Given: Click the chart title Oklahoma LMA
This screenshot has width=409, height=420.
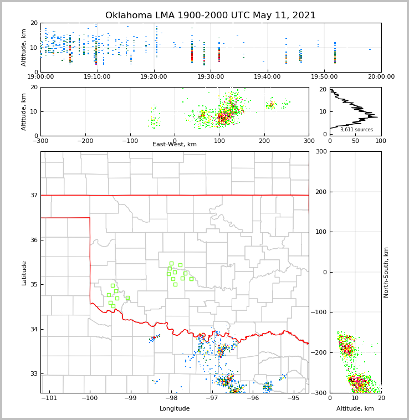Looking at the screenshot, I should click(211, 16).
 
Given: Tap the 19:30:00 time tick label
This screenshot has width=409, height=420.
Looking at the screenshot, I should click(211, 76).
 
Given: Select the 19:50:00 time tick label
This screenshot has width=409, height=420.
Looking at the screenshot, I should click(324, 76).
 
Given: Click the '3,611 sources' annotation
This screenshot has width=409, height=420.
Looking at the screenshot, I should click(356, 130).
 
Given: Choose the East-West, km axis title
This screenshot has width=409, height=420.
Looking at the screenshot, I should click(175, 145).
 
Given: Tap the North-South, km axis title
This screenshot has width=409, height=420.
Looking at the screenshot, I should click(386, 272).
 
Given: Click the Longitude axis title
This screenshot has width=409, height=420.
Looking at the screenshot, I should click(175, 409).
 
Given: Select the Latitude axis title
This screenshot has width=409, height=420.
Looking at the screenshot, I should click(24, 273).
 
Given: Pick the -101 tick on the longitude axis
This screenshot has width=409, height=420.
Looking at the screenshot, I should click(49, 398).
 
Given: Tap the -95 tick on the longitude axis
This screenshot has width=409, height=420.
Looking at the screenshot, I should click(293, 398).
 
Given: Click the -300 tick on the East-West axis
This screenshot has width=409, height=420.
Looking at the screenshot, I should click(40, 141).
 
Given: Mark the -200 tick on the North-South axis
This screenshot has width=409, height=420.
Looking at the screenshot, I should click(317, 353).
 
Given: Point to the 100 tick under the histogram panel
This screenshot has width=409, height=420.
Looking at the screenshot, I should click(381, 141).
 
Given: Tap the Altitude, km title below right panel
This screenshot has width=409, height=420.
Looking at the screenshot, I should click(355, 409).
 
